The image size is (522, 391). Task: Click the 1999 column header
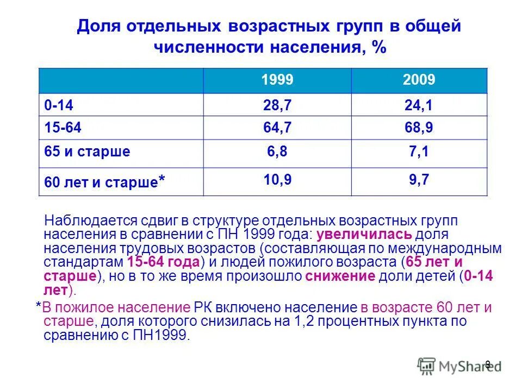277,81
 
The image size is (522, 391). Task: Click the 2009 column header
419,81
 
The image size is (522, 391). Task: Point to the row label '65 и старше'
87,152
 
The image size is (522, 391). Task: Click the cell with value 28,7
277,105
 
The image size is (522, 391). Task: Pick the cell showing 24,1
419,105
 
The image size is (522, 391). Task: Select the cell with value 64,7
277,128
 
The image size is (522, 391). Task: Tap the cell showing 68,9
419,128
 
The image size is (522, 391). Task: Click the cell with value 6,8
277,152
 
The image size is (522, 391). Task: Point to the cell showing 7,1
419,152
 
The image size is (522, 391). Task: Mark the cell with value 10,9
277,179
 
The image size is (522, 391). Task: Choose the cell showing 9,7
419,179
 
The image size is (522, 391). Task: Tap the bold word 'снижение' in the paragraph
340,276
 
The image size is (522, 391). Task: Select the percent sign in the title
379,48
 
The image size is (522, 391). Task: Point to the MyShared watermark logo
459,365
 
